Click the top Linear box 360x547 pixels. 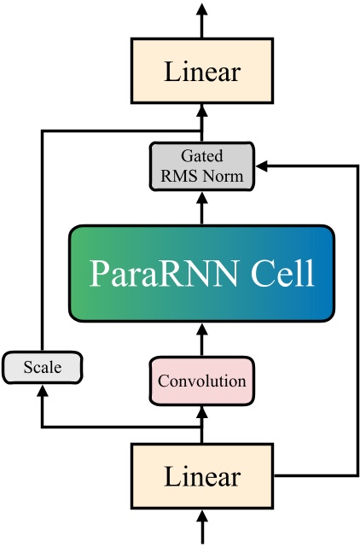point(201,73)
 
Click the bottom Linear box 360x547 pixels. point(201,475)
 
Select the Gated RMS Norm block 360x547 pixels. point(201,167)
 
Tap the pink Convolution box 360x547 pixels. point(201,380)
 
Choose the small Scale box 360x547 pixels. point(43,368)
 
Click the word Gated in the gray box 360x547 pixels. point(202,156)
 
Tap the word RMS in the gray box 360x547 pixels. point(183,177)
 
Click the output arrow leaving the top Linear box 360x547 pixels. point(201,20)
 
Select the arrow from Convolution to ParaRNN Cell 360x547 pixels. point(201,341)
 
